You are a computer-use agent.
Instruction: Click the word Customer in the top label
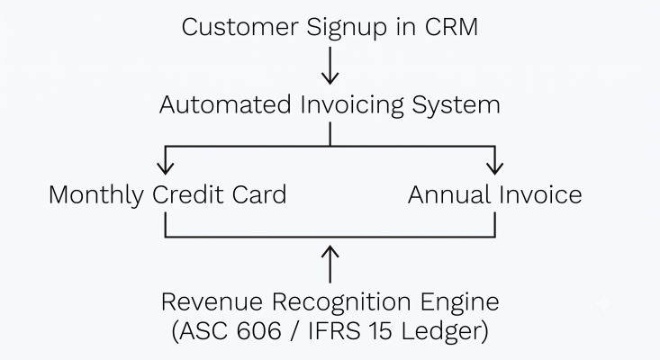240,27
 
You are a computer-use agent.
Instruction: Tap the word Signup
347,28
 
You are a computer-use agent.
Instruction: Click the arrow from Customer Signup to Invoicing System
330,66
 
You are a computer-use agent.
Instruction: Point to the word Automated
225,104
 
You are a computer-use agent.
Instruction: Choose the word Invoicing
352,105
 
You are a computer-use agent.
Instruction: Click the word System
456,105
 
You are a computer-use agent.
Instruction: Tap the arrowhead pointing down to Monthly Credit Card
166,167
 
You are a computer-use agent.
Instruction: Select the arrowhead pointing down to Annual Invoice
495,167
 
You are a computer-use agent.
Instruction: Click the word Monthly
96,195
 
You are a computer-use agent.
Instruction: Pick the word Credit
187,194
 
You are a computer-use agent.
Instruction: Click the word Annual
449,194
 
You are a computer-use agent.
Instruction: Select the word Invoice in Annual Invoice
541,194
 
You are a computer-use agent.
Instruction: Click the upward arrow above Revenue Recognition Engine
330,264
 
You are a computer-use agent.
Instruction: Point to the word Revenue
212,302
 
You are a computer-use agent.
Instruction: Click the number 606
258,330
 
